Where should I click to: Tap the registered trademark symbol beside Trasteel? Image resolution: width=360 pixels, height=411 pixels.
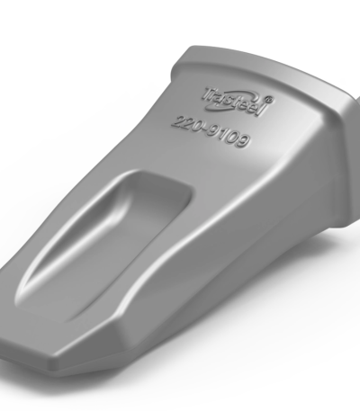pos(269,99)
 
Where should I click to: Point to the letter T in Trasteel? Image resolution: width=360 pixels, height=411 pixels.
pos(210,94)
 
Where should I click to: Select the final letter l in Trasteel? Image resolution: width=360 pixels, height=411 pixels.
pos(263,110)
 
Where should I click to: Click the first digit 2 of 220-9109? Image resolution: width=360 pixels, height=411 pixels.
pos(177,122)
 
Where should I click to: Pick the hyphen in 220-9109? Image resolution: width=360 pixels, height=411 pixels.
pos(203,130)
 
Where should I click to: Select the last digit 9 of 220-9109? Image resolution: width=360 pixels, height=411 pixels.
pos(243,141)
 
